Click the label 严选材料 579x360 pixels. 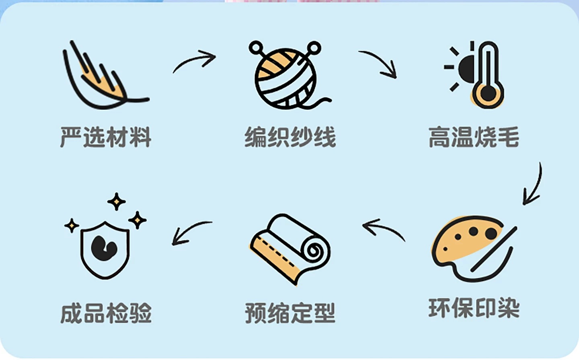[x=105, y=137]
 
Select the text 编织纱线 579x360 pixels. [x=290, y=137]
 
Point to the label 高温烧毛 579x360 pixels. [x=474, y=137]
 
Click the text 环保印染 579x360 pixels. [x=474, y=309]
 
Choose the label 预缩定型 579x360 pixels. [x=290, y=313]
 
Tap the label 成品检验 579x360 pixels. [x=106, y=313]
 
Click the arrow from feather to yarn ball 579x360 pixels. [x=195, y=61]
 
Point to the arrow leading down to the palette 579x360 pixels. [x=533, y=185]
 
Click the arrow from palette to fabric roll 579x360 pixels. [x=382, y=229]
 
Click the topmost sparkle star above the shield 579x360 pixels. [x=117, y=201]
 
